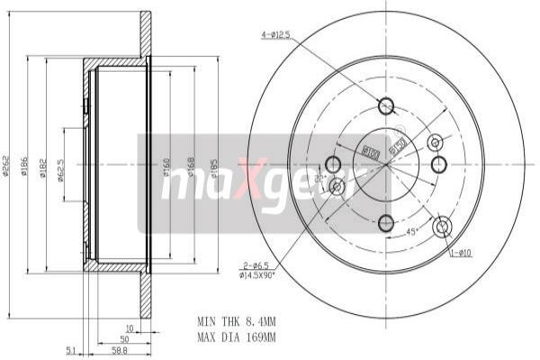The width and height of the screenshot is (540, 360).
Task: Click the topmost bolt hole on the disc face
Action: (x=387, y=106)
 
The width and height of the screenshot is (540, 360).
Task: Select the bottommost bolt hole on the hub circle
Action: (x=387, y=222)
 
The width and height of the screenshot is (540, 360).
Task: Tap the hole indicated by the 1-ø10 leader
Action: (x=441, y=227)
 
